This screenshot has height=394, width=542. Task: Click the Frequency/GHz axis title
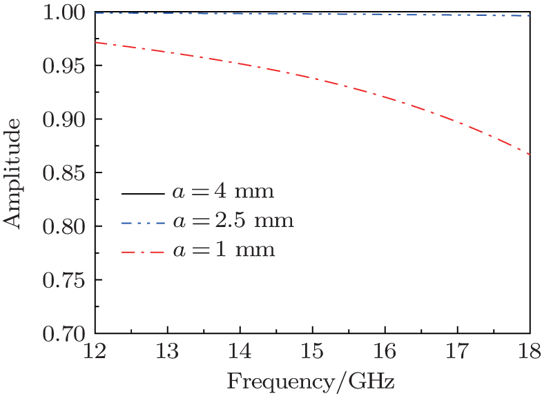pos(312,379)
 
